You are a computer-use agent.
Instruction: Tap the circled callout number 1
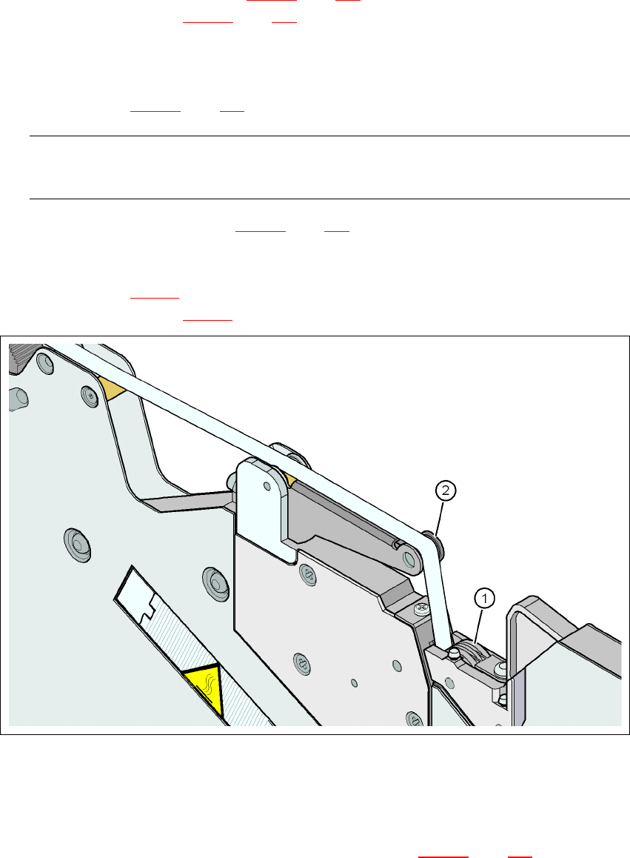[484, 596]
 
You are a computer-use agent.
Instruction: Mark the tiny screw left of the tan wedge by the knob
[90, 397]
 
